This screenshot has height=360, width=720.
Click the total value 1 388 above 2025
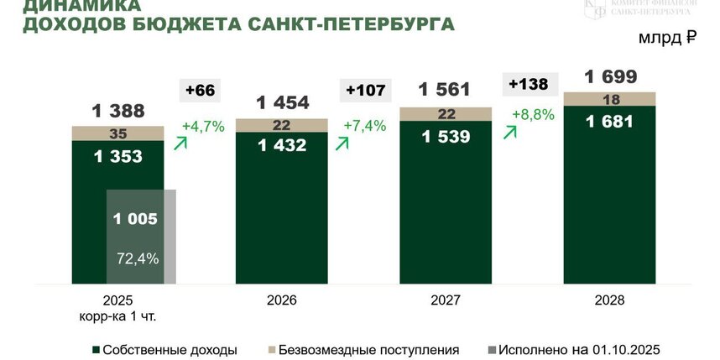coord(117,110)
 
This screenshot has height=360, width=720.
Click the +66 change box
coord(201,90)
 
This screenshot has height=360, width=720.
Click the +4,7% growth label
coord(202,128)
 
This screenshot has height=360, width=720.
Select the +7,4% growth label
coord(364,126)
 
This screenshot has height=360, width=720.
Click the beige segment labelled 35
coord(117,133)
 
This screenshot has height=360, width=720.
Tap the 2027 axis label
coord(446,300)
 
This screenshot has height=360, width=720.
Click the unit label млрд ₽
coord(668,38)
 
